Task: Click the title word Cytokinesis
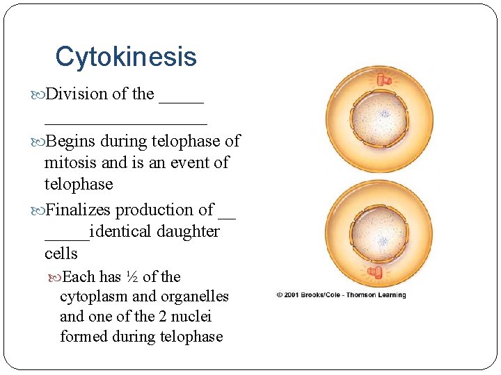click(x=126, y=57)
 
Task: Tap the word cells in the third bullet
click(x=61, y=253)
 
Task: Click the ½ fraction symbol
click(x=132, y=277)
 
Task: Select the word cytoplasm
click(x=94, y=297)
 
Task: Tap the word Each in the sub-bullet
click(x=79, y=277)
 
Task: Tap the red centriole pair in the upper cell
click(x=384, y=81)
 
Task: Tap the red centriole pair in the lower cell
click(x=379, y=270)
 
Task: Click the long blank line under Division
click(x=125, y=122)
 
